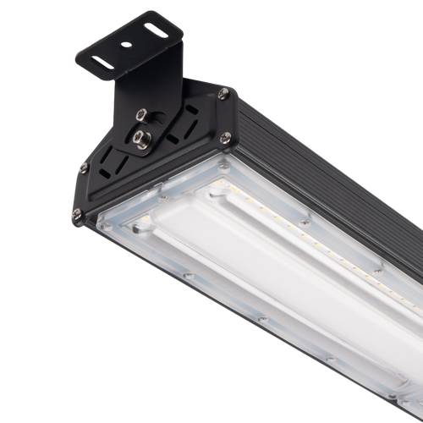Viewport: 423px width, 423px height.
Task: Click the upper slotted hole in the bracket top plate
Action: coord(156,30)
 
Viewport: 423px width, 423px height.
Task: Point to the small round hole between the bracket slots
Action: coord(126,45)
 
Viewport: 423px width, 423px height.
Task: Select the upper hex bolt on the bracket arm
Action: coord(142,113)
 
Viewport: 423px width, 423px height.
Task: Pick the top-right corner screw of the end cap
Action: coord(223,94)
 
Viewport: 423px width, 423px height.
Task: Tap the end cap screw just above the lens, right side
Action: coord(226,137)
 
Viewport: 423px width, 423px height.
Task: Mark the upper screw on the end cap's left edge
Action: coord(84,168)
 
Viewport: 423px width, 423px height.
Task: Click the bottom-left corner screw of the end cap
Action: coord(77,215)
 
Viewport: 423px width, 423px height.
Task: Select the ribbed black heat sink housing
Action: coord(330,169)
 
